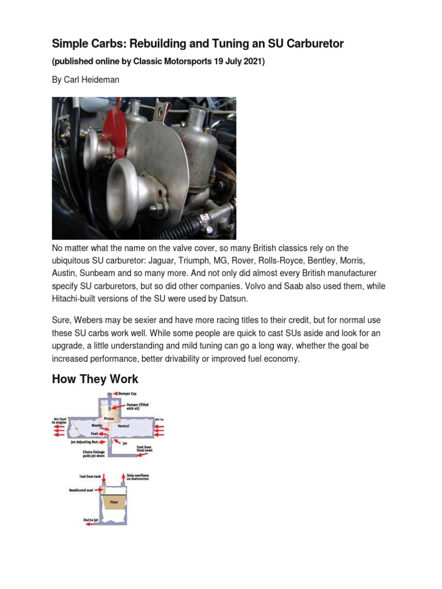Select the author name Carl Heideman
tap(93, 80)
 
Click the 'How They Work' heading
tap(95, 379)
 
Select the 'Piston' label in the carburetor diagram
tap(109, 418)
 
